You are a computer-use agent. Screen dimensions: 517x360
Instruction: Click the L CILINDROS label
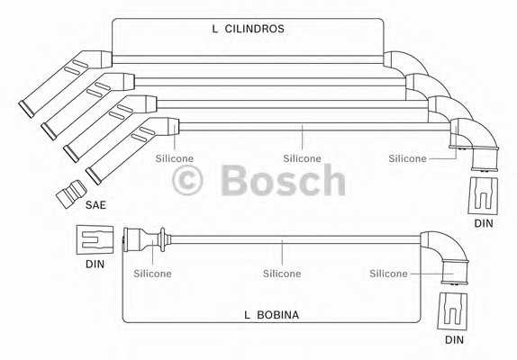click(x=248, y=29)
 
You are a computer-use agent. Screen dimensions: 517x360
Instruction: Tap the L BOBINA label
click(x=271, y=315)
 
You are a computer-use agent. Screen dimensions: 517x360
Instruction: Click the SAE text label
click(x=95, y=205)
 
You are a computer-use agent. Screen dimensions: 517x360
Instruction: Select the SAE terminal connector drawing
click(x=71, y=193)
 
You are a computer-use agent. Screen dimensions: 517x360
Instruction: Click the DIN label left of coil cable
click(x=95, y=264)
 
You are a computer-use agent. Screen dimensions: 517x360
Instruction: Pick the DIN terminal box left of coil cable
click(x=95, y=239)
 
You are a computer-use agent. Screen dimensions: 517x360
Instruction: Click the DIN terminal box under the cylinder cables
click(x=483, y=195)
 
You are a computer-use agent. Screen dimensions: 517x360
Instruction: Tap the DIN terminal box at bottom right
click(x=452, y=310)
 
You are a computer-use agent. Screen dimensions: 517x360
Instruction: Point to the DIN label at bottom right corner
click(x=454, y=339)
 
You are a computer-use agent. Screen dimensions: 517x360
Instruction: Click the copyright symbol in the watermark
click(x=187, y=181)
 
